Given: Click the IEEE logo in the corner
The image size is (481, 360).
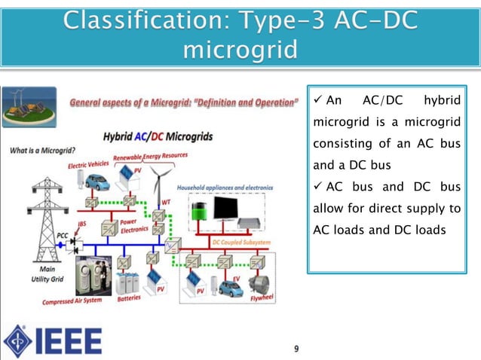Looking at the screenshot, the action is [53, 340].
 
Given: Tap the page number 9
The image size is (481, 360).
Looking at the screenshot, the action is [296, 348].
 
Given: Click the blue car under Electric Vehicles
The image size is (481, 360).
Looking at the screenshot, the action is [96, 182].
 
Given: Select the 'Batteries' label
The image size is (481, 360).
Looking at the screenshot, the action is [130, 298].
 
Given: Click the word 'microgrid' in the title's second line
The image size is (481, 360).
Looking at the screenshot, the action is [240, 51].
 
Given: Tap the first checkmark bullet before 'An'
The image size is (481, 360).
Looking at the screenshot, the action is [317, 102].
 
